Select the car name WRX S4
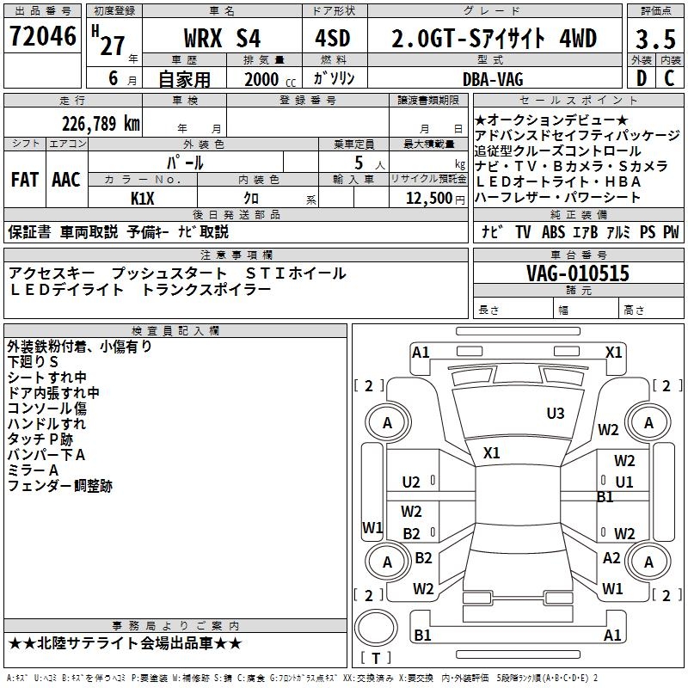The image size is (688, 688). point(223,39)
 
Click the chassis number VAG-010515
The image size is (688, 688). point(578,274)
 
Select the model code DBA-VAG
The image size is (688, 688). point(493,79)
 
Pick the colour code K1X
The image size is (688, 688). point(143,197)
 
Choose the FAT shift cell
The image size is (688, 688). point(24,180)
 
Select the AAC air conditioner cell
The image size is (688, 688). point(65,180)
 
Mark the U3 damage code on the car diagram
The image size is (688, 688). point(556,414)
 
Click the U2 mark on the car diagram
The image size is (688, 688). point(411,482)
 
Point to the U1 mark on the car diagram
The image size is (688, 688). point(623,482)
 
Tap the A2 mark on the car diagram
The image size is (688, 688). point(611,558)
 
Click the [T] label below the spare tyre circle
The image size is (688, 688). point(376,659)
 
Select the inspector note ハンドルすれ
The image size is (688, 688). point(46,424)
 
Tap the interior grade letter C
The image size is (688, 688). point(669,78)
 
